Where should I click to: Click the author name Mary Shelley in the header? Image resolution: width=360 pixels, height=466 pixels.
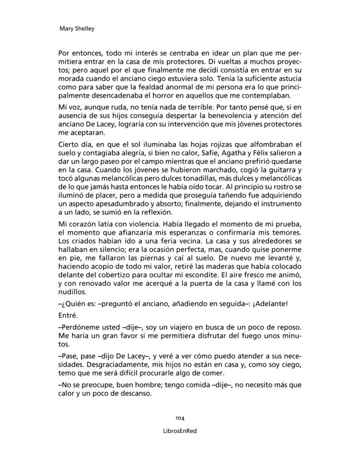[77, 29]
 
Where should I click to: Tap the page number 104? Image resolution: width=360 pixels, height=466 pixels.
[180, 418]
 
